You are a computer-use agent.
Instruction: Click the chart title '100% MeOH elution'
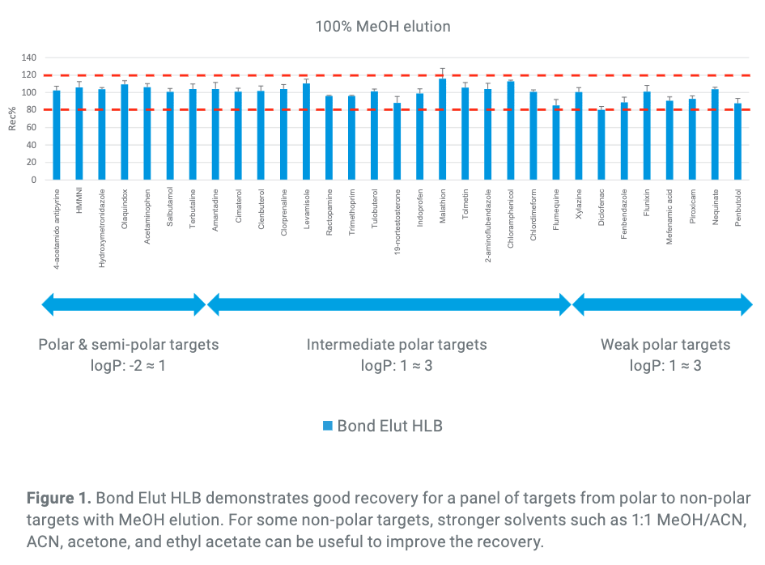[x=382, y=27]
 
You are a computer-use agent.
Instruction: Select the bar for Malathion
[x=443, y=130]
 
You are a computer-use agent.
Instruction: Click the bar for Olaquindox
[x=125, y=133]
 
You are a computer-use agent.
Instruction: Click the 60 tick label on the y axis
[x=32, y=127]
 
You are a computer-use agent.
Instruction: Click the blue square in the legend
[x=327, y=425]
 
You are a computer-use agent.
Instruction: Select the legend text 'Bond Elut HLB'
[x=389, y=425]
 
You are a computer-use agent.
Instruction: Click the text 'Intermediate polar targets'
[x=397, y=345]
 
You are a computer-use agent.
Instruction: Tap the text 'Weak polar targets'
[x=665, y=345]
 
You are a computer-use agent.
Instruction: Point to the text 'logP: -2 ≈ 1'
[x=128, y=365]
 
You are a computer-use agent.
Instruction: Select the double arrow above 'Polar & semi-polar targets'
[x=124, y=305]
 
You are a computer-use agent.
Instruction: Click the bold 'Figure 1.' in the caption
[x=55, y=498]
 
